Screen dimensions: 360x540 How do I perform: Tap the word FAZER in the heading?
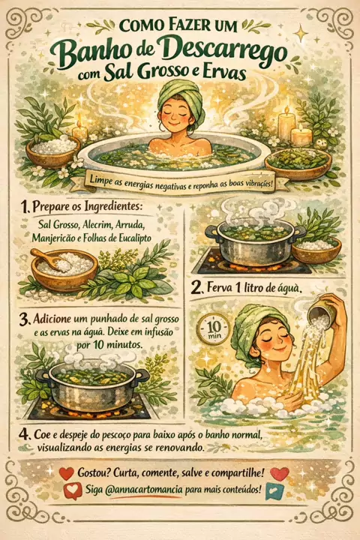(x=187, y=26)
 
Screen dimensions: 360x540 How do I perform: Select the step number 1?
(x=24, y=207)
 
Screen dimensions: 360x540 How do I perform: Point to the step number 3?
(x=24, y=320)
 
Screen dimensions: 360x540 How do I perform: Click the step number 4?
(x=25, y=434)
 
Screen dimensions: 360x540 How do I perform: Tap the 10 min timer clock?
(x=212, y=329)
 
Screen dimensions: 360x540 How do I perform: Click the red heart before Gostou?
(x=67, y=473)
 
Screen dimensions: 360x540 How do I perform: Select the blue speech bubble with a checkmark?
(x=274, y=491)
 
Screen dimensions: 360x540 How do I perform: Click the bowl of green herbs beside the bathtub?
(x=298, y=163)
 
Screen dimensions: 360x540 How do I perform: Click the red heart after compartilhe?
(x=280, y=473)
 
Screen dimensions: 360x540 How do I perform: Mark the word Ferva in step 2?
(x=219, y=287)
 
